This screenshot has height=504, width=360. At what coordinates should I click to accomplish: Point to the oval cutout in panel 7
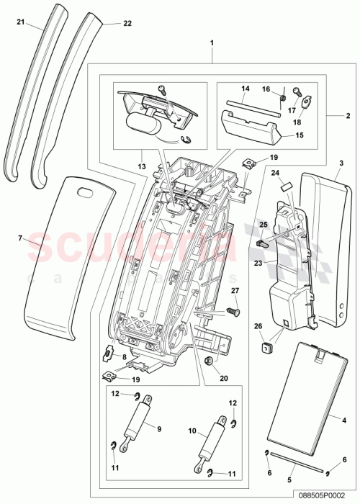pyautogui.click(x=85, y=192)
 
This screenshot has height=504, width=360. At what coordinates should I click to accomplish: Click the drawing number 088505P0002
pyautogui.click(x=328, y=497)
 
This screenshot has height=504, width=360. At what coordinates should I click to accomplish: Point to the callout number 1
pyautogui.click(x=212, y=43)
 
